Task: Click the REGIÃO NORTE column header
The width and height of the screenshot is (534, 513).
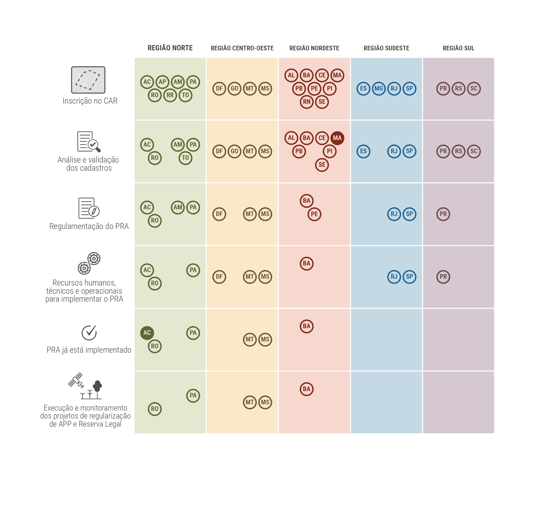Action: point(170,48)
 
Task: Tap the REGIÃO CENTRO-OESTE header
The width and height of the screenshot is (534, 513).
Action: point(242,48)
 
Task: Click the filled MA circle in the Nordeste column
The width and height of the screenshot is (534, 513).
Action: point(337,138)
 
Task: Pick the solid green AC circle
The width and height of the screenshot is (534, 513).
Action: point(147,333)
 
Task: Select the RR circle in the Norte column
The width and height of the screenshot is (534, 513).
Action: point(170,95)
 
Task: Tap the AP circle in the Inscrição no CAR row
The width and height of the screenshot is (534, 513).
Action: point(162,82)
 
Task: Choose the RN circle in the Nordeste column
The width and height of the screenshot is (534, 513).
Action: point(306,102)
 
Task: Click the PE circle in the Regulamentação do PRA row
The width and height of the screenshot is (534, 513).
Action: point(314,214)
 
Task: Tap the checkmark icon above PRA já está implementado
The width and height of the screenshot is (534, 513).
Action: point(89,333)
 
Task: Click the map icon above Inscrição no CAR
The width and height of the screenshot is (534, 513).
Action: point(88,80)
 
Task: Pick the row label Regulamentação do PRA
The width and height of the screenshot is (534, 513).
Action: point(89,226)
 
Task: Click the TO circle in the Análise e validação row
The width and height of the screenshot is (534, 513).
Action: point(185,158)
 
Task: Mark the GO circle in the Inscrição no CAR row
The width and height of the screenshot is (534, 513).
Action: point(234,89)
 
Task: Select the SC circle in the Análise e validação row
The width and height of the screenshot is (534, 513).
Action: point(474,151)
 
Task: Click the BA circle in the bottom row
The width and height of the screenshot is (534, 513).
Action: point(306,389)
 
